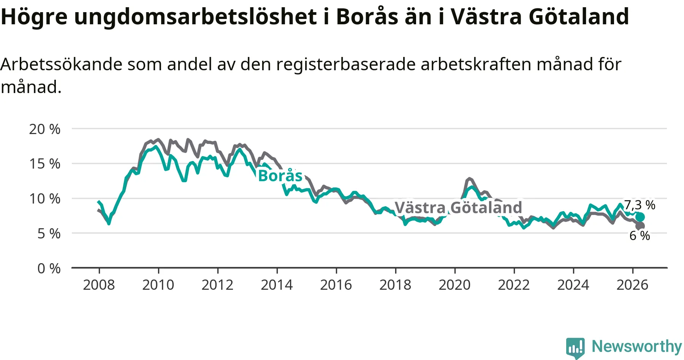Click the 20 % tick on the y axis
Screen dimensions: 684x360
[45, 129]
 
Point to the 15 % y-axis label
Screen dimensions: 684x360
[45, 164]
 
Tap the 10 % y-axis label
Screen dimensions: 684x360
[45, 199]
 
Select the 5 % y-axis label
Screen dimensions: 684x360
[49, 234]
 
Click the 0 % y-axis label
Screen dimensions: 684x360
[49, 268]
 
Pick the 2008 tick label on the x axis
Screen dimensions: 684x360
[99, 285]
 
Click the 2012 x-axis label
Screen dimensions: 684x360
[217, 285]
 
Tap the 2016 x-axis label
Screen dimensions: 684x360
[336, 285]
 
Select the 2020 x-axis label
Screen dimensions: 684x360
[454, 285]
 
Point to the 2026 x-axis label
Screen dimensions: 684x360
[632, 285]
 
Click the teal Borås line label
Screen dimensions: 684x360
[280, 176]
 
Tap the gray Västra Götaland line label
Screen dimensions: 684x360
[459, 208]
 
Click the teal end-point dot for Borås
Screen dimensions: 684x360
[640, 217]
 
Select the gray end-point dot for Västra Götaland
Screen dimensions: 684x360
[640, 226]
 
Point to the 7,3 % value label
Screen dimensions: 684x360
[640, 205]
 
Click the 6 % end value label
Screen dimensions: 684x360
[640, 236]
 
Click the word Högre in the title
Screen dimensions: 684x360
[34, 17]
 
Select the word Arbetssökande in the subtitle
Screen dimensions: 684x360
[62, 65]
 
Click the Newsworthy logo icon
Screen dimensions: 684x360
[575, 347]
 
